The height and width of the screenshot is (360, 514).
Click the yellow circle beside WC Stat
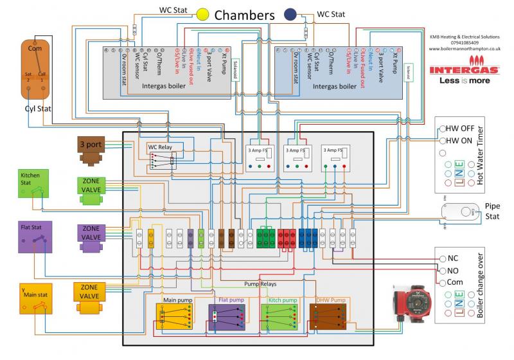203,13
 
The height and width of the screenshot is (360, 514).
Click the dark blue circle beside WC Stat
290,13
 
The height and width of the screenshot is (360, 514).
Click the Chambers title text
245,14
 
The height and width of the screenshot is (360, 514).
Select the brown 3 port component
91,147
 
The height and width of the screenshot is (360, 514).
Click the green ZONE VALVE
91,191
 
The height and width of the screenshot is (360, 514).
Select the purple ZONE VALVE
91,233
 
